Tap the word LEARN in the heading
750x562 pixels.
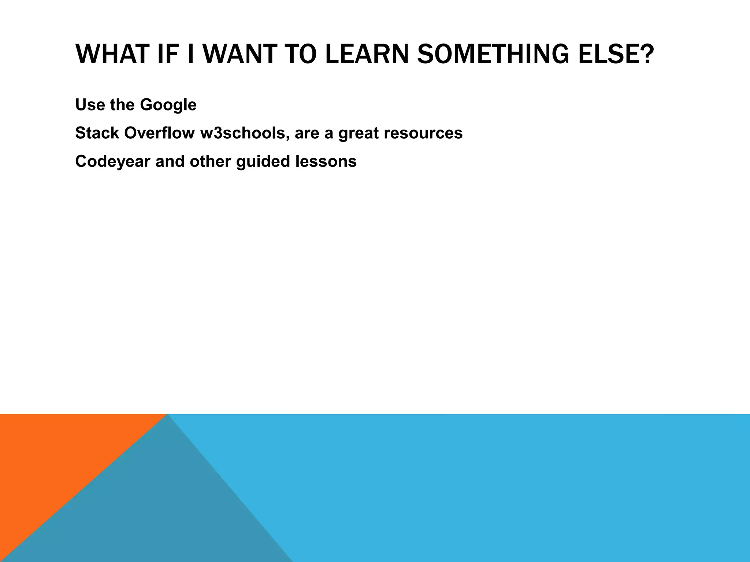point(366,54)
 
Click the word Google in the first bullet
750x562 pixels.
point(168,105)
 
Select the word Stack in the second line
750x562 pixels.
point(97,133)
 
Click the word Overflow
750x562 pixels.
point(159,133)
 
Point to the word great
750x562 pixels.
point(359,133)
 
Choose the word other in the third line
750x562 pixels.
point(210,161)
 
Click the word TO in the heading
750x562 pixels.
point(300,54)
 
